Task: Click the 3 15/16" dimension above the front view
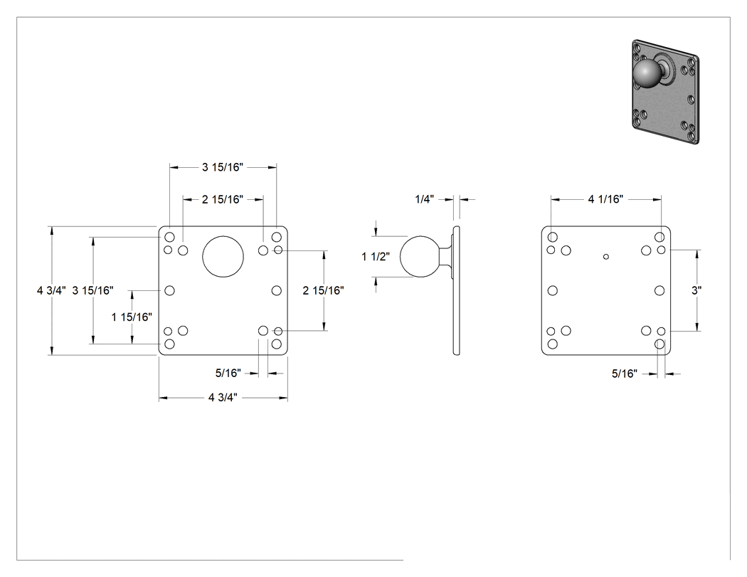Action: coord(223,167)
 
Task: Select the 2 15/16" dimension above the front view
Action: coord(223,199)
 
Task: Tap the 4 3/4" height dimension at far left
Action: coord(51,290)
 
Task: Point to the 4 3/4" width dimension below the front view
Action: coord(223,398)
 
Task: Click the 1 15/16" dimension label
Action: coord(132,317)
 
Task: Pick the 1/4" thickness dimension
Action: coord(425,199)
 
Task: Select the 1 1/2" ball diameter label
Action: coord(376,257)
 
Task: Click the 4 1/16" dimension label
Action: coord(605,199)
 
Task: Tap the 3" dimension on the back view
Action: coord(696,290)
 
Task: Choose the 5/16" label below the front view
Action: coord(228,373)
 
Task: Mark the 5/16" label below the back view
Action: coord(625,374)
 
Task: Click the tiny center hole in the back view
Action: coord(606,257)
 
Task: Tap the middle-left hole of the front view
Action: coord(169,291)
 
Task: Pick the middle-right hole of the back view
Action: coord(659,291)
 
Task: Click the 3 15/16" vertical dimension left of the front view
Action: coord(93,290)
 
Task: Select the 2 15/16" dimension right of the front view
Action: coord(324,290)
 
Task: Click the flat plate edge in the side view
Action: coord(457,291)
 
